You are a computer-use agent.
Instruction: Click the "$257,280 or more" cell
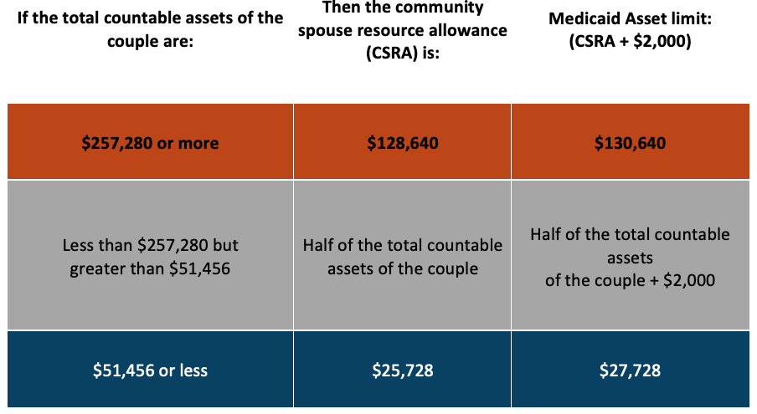(150, 143)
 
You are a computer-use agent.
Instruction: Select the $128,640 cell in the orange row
(403, 143)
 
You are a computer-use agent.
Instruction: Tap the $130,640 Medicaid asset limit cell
(630, 143)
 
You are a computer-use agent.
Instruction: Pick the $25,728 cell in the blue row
(403, 370)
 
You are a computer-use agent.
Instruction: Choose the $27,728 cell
(630, 370)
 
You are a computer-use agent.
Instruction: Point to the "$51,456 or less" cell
(150, 370)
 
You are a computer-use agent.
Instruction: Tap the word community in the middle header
(440, 8)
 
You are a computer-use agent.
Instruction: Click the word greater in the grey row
(97, 268)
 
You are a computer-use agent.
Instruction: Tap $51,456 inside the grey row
(198, 268)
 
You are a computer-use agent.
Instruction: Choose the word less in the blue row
(191, 370)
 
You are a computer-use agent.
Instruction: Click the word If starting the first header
(26, 18)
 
